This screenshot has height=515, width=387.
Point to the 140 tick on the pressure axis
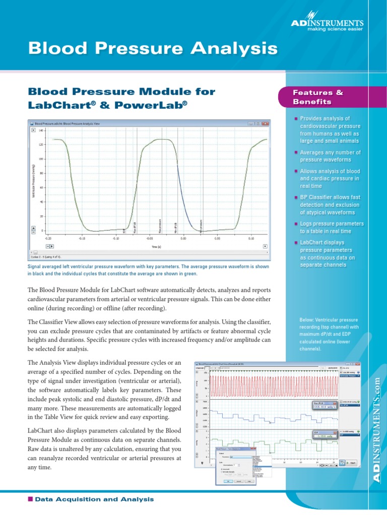click(x=42, y=130)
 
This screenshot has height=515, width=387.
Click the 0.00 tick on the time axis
click(x=183, y=239)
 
